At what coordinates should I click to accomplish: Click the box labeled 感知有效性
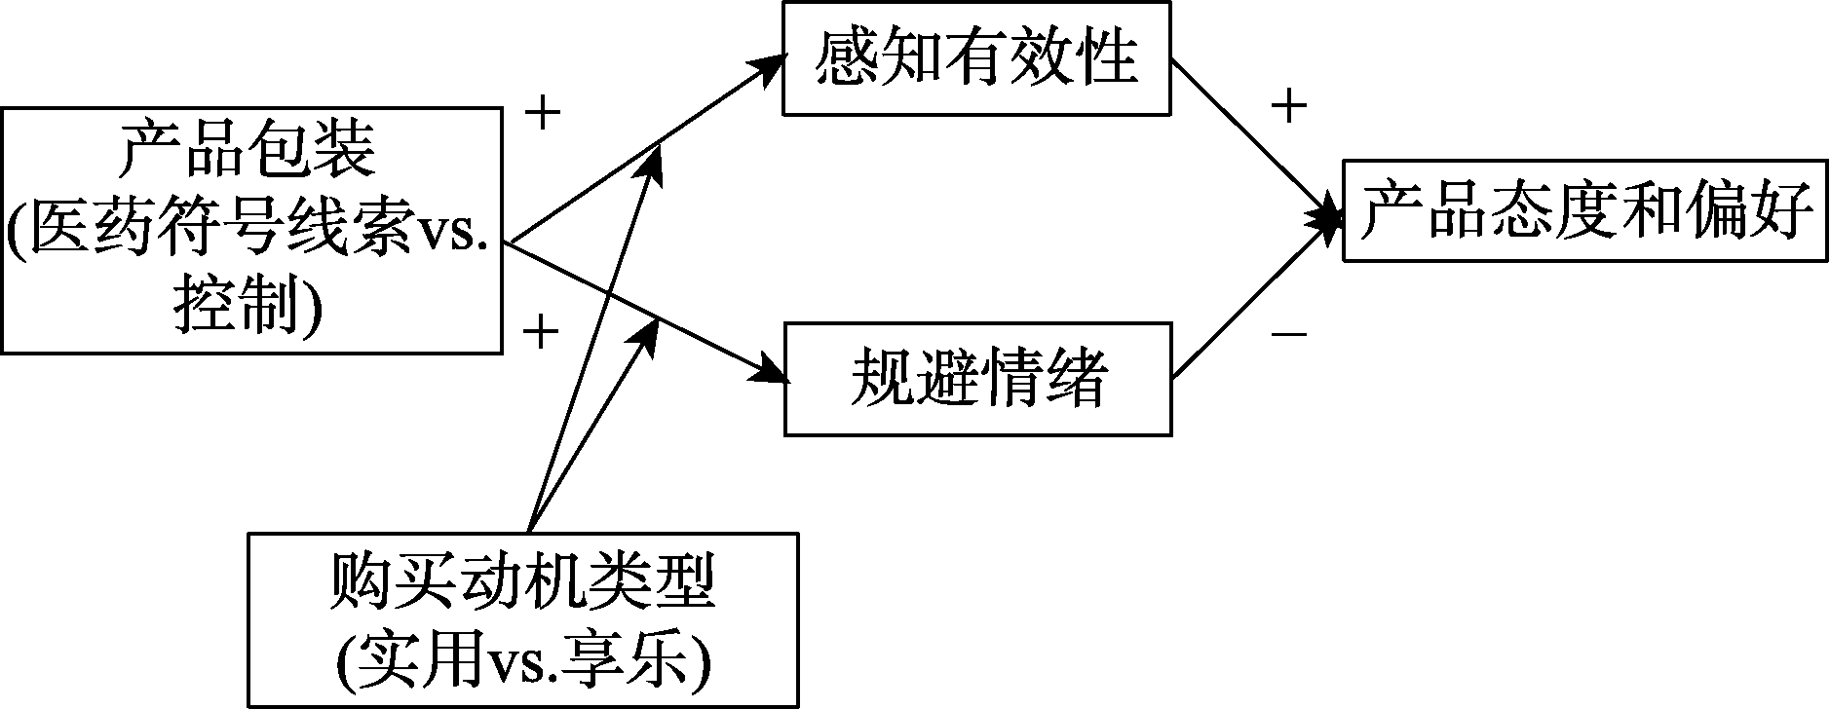pyautogui.click(x=976, y=57)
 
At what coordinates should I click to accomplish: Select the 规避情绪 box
pyautogui.click(x=977, y=378)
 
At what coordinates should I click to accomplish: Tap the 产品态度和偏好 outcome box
pyautogui.click(x=1584, y=209)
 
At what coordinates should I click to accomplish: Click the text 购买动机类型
pyautogui.click(x=522, y=582)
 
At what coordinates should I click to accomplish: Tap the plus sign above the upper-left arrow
pyautogui.click(x=543, y=114)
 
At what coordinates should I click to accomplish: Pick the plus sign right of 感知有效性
pyautogui.click(x=1288, y=106)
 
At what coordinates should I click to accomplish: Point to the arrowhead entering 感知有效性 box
pyautogui.click(x=770, y=65)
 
